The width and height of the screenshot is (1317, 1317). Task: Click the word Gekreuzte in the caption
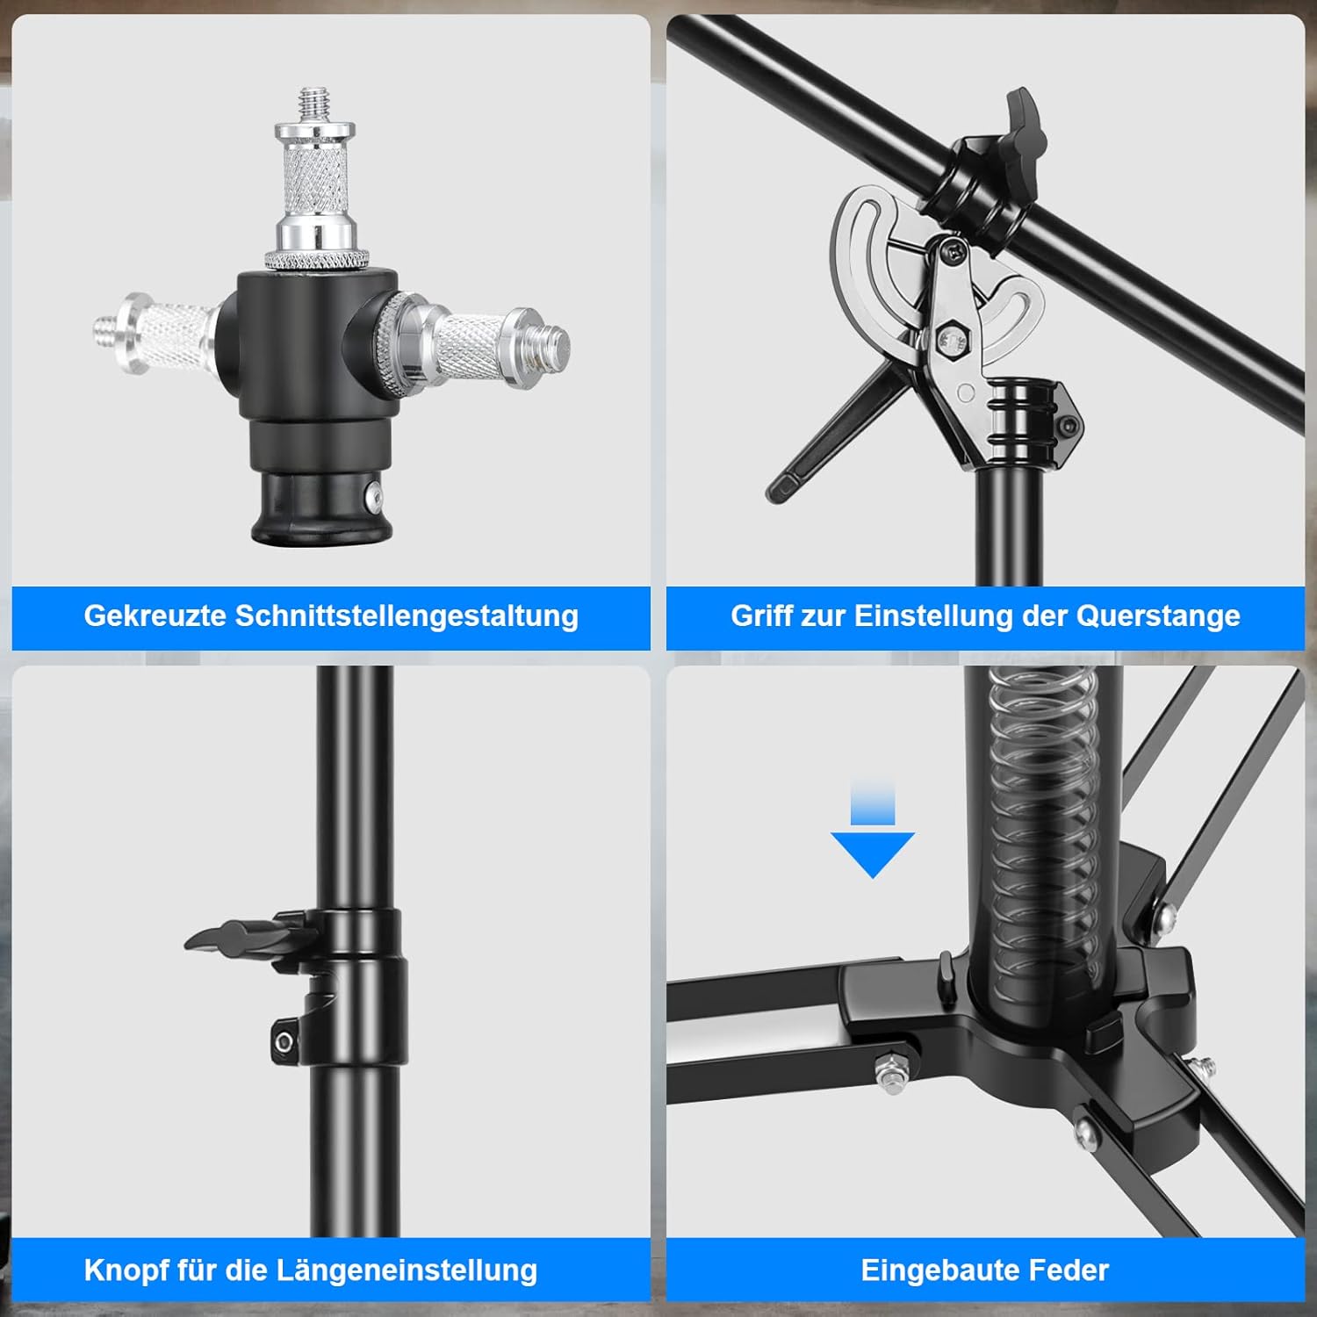click(x=155, y=616)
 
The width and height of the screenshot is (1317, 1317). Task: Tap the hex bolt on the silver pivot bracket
click(x=950, y=337)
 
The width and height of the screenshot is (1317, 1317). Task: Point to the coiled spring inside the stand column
click(x=1045, y=834)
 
